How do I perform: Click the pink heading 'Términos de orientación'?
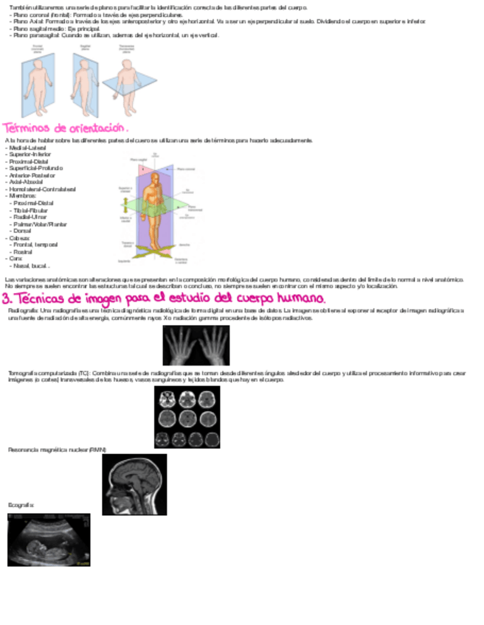click(70, 128)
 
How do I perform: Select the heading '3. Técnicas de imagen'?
click(164, 298)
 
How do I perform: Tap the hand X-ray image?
click(196, 346)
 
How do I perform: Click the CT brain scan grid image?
click(187, 416)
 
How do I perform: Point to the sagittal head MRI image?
click(134, 483)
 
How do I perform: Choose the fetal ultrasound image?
click(49, 540)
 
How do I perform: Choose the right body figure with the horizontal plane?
click(128, 83)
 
